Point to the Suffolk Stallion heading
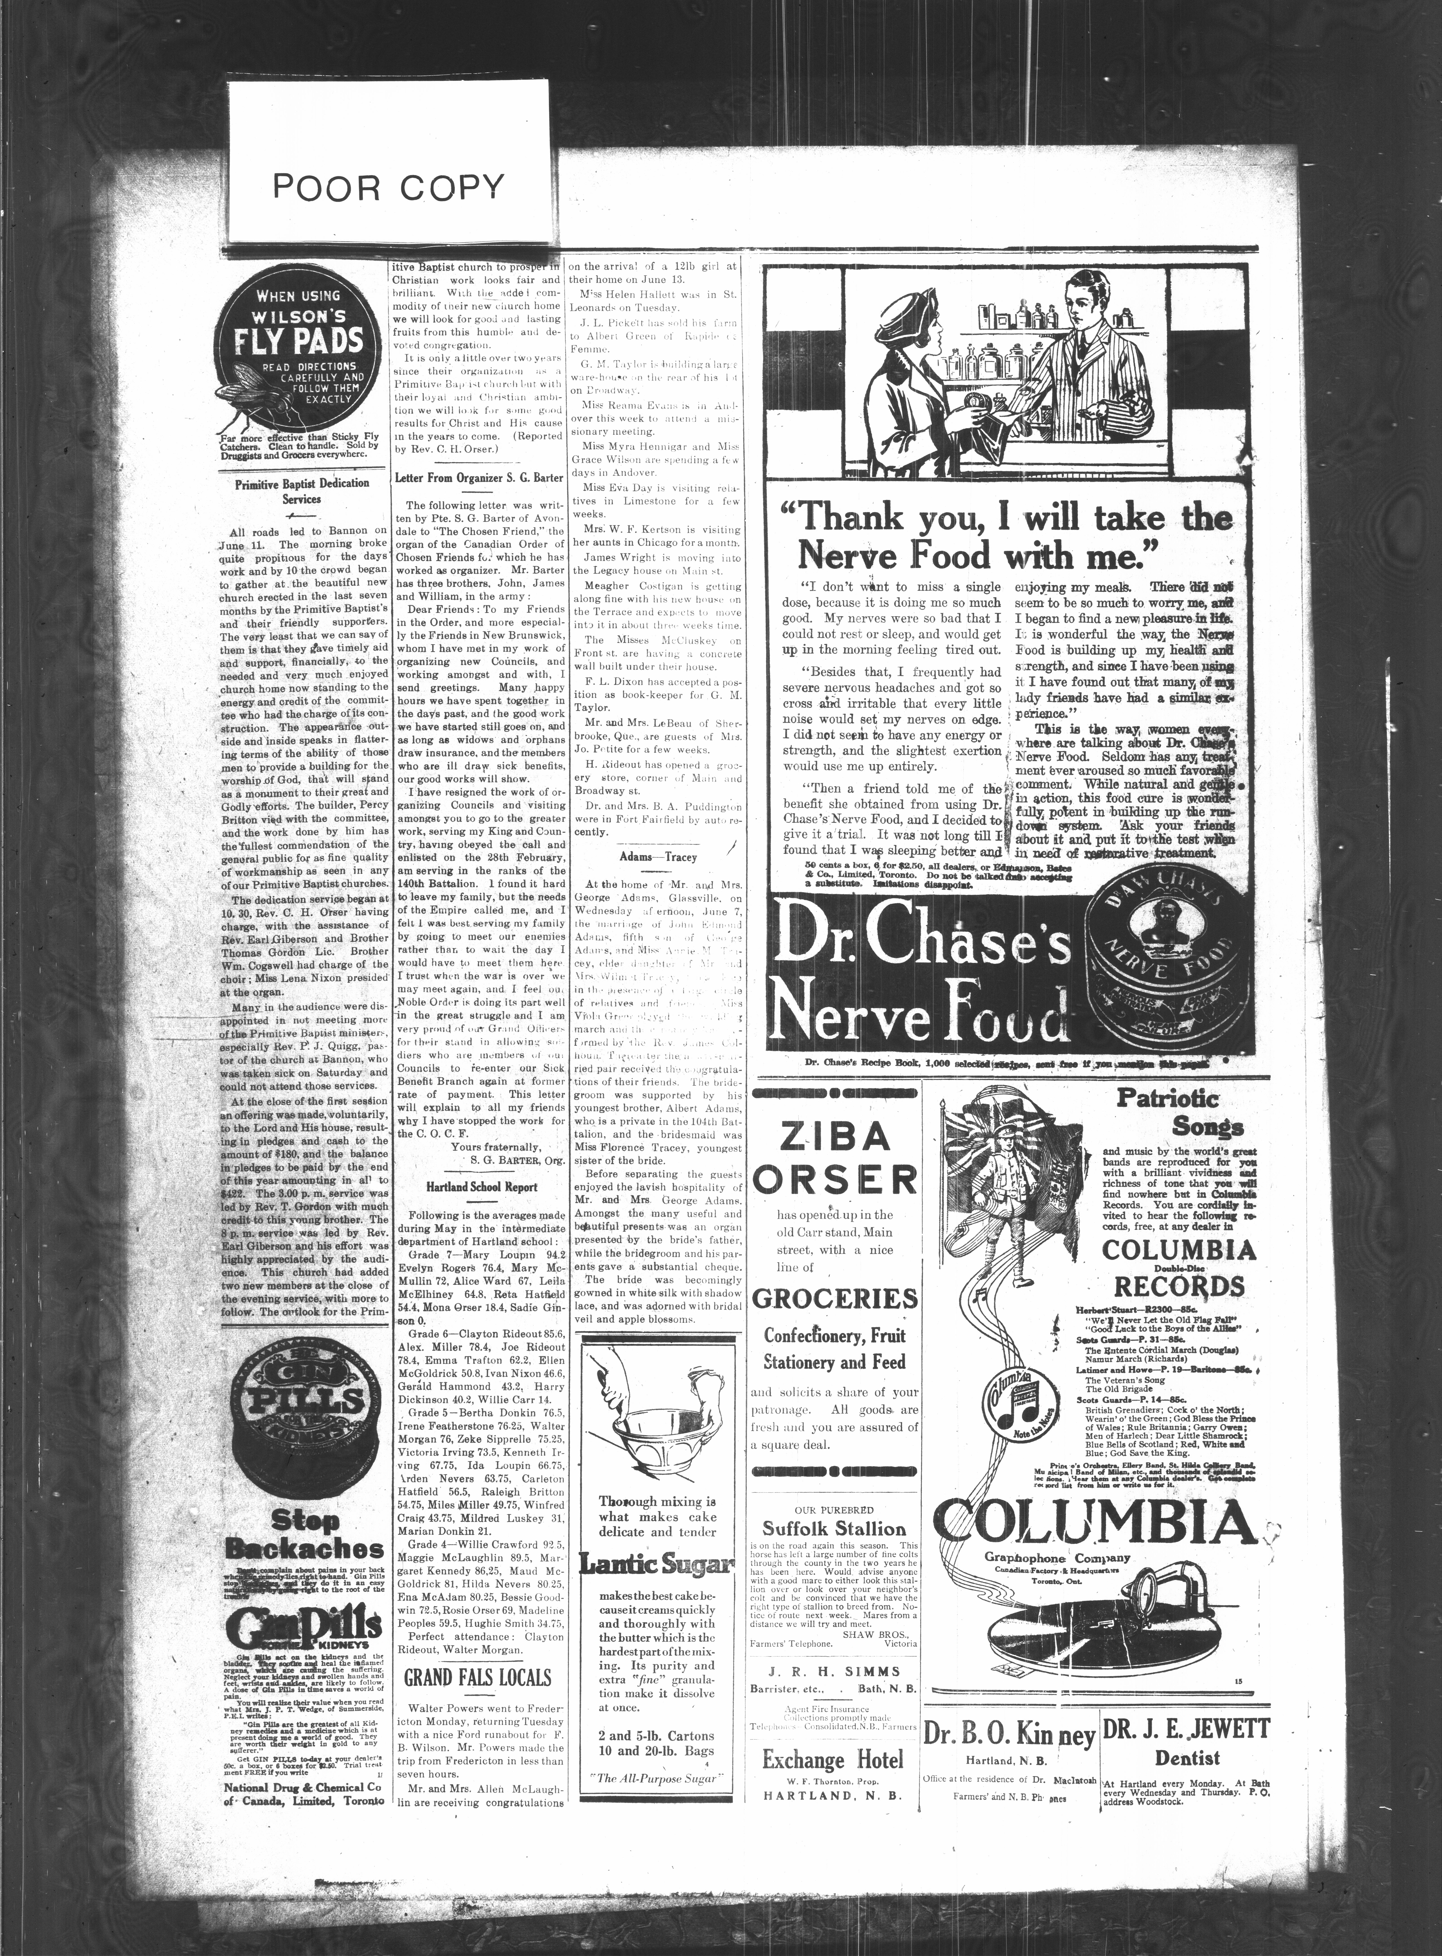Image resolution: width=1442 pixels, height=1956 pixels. [x=834, y=1528]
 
